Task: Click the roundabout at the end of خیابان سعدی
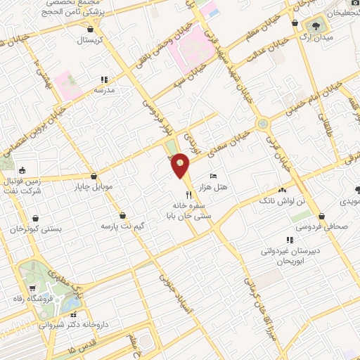coord(263,124)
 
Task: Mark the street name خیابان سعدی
coord(233,144)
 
